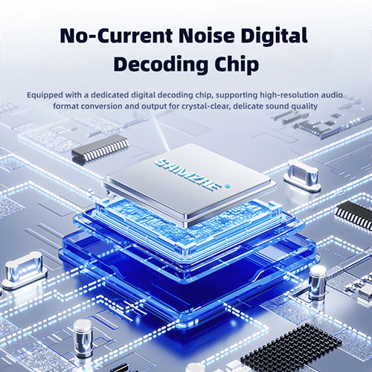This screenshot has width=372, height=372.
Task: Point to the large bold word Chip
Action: [237, 65]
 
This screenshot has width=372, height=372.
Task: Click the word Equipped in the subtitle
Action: [45, 95]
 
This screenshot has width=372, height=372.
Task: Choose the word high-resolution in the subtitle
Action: [289, 95]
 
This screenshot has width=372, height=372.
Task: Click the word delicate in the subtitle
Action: [248, 106]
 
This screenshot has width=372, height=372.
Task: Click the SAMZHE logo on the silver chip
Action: [187, 175]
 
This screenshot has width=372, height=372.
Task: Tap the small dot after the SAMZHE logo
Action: [228, 185]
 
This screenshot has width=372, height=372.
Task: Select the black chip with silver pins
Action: [100, 148]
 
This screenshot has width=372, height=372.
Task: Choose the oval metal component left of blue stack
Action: [25, 271]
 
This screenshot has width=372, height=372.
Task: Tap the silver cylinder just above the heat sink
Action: [318, 282]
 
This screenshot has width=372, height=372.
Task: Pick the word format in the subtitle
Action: [65, 106]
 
